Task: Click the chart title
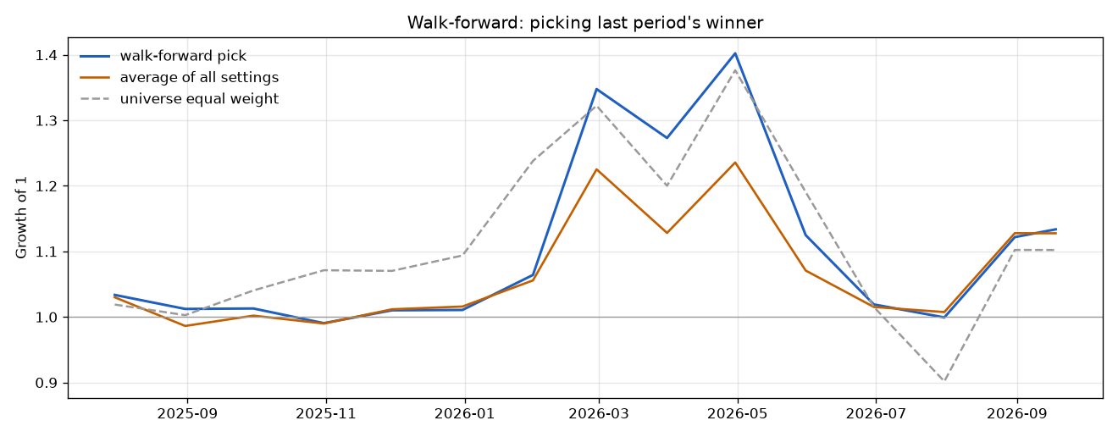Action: (585, 23)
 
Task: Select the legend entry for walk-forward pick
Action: (163, 56)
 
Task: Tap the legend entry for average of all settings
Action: (180, 77)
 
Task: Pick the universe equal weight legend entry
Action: (180, 99)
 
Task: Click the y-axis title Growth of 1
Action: (21, 218)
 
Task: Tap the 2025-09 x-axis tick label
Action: (187, 414)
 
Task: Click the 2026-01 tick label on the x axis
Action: (465, 414)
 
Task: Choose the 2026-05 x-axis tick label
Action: (738, 414)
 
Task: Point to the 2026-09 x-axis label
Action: (1017, 414)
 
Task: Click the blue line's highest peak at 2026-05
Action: (735, 53)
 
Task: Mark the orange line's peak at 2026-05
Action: (735, 163)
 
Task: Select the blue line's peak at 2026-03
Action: (596, 89)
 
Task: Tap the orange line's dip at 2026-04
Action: (667, 233)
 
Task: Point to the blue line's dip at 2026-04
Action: (667, 138)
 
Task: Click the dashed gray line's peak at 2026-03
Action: (597, 106)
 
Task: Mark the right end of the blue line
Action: (1056, 229)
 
